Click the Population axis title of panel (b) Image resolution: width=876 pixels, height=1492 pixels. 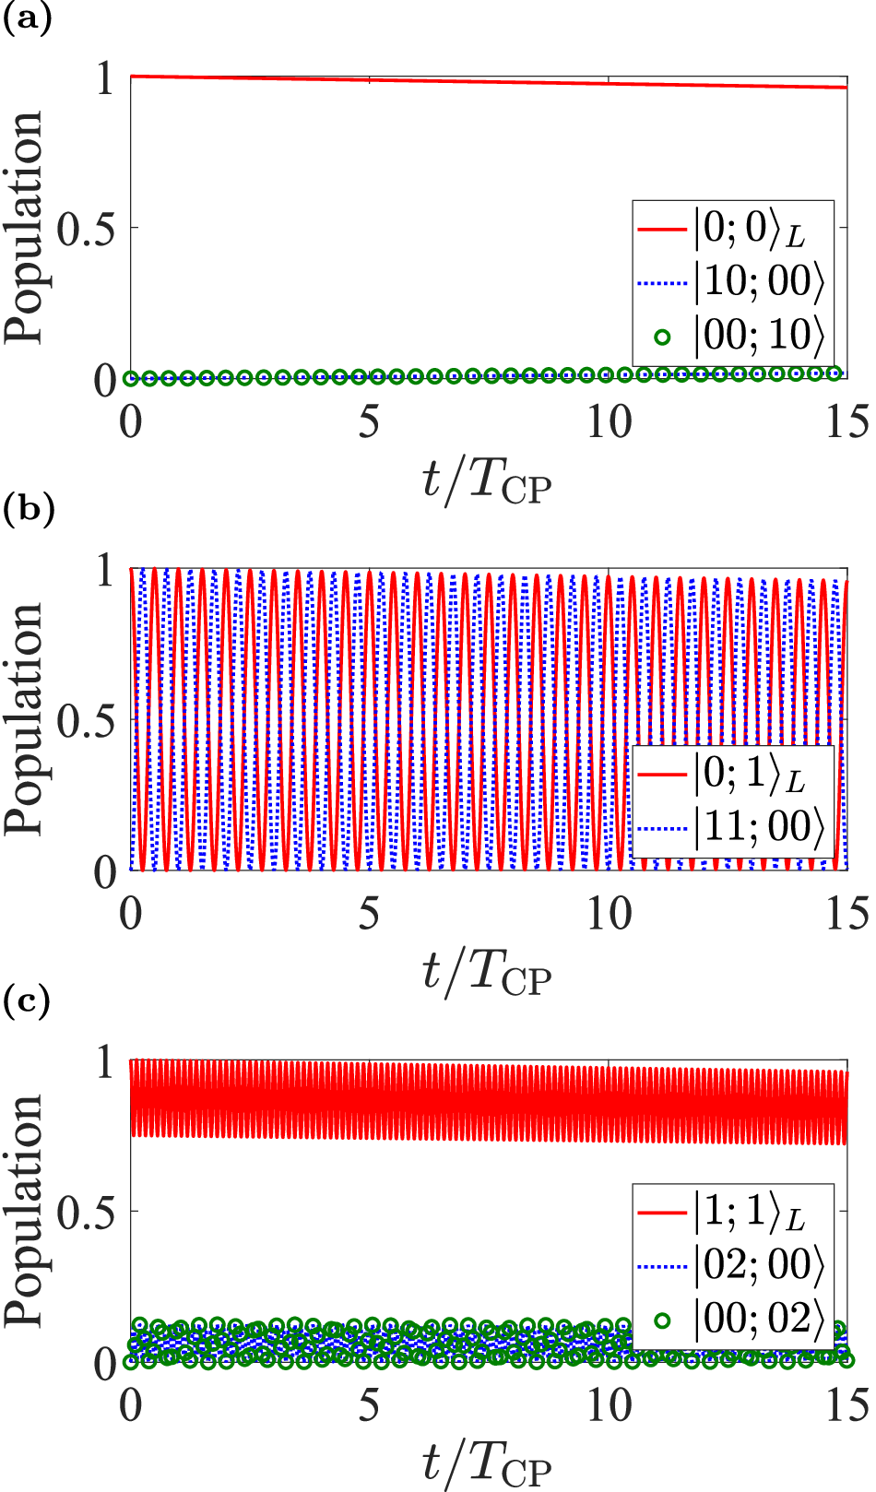point(25,719)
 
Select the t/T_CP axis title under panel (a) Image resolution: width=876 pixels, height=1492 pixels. point(487,480)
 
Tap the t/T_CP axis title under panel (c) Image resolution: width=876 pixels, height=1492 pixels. point(487,1463)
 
